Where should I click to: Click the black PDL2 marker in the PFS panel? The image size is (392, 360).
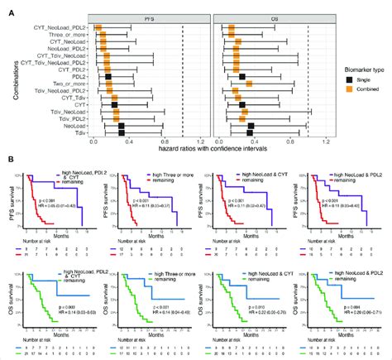point(108,76)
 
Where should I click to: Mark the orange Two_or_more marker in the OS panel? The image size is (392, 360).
point(250,83)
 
